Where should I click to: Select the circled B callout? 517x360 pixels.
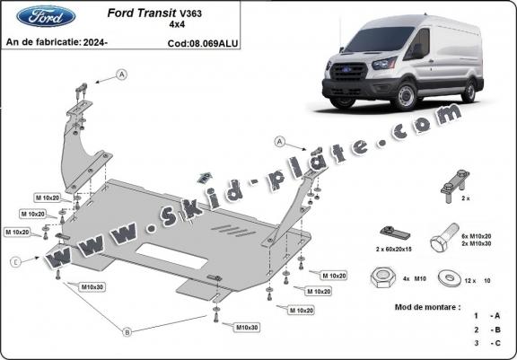pyautogui.click(x=127, y=332)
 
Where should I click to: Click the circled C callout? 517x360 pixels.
pyautogui.click(x=16, y=262)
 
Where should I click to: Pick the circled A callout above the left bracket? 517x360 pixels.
pyautogui.click(x=120, y=75)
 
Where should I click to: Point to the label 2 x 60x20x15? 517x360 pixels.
pyautogui.click(x=393, y=249)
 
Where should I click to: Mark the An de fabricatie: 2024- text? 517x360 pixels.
pyautogui.click(x=56, y=42)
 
